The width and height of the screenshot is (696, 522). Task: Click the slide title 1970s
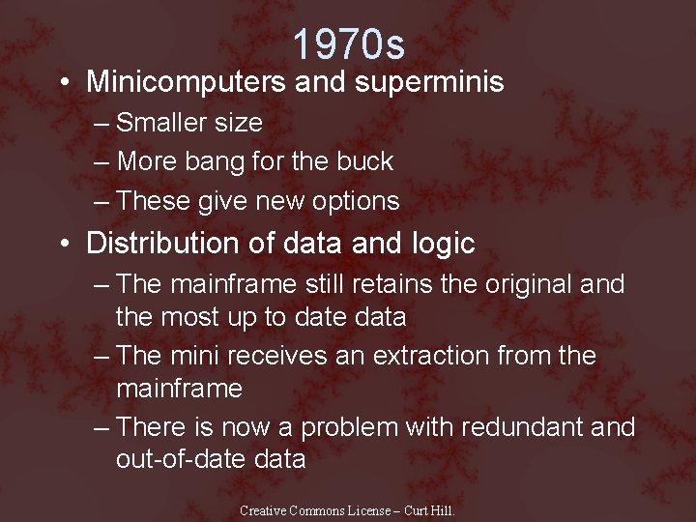tap(348, 43)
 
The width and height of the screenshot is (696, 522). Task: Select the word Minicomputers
tap(184, 82)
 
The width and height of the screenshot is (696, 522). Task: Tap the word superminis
tap(429, 82)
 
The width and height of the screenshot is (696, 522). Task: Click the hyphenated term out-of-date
tap(178, 459)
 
